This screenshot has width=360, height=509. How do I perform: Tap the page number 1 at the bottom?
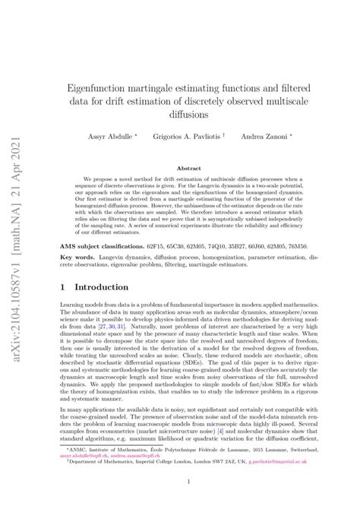click(188, 481)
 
